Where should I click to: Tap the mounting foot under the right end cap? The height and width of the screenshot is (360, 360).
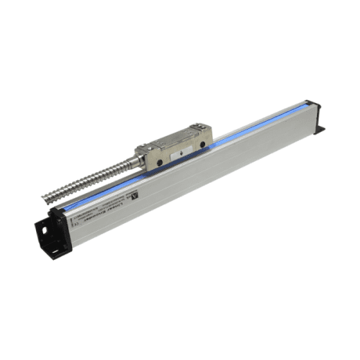[318, 130]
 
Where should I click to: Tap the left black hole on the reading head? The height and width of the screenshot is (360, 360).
[156, 163]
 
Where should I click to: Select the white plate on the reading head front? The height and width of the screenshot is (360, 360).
[185, 151]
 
